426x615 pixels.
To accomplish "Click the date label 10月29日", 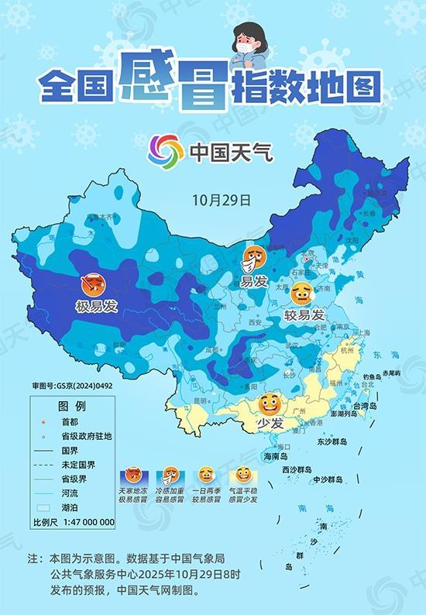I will [221, 199].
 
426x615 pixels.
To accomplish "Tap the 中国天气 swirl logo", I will [166, 149].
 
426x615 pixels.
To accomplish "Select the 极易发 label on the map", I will [96, 306].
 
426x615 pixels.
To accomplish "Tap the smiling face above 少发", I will [269, 404].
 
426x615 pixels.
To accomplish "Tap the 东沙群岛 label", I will [334, 441].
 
